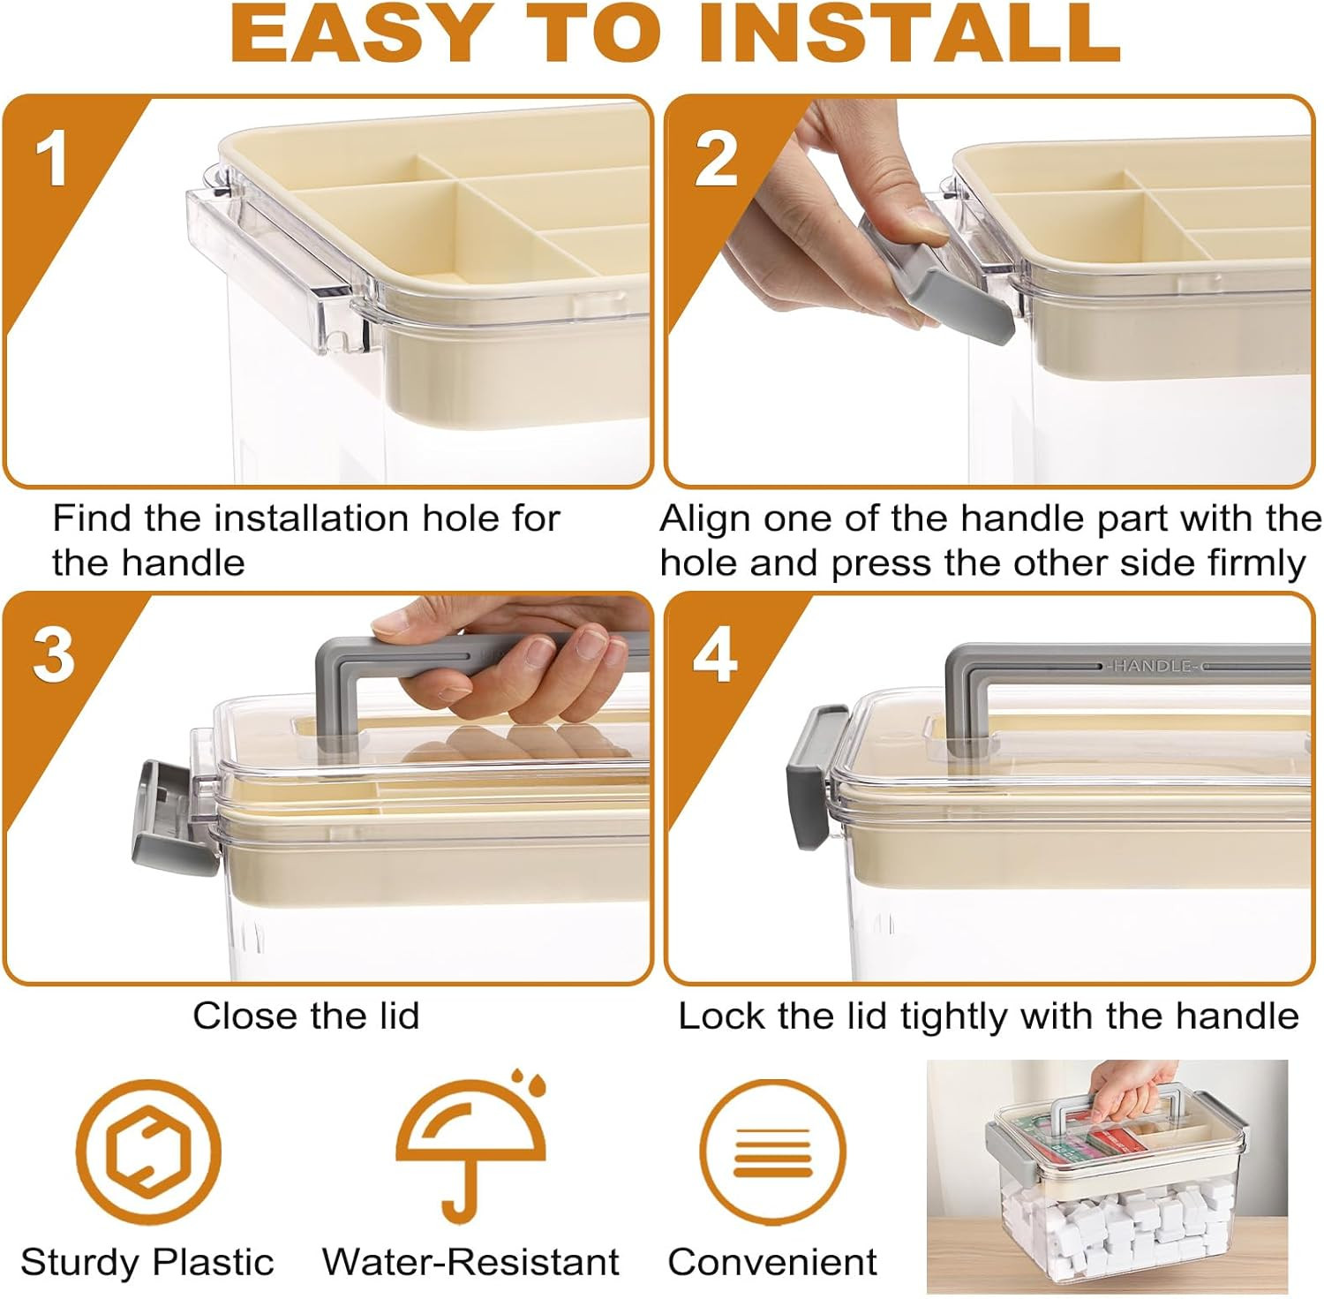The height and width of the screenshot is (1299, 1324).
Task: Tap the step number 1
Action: [x=52, y=158]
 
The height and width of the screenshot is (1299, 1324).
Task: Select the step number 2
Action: [x=716, y=159]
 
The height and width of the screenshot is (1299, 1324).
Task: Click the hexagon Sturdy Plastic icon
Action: [x=147, y=1152]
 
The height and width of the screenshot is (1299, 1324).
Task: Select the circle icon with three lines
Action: [x=772, y=1152]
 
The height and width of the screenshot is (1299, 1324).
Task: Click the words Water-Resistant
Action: [x=470, y=1262]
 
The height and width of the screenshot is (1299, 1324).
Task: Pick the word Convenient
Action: [x=772, y=1262]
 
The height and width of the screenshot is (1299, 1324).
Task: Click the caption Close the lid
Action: [x=306, y=1016]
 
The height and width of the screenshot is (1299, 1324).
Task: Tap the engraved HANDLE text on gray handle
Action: [x=1154, y=666]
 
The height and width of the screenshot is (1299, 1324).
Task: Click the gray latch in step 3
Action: [x=173, y=818]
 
